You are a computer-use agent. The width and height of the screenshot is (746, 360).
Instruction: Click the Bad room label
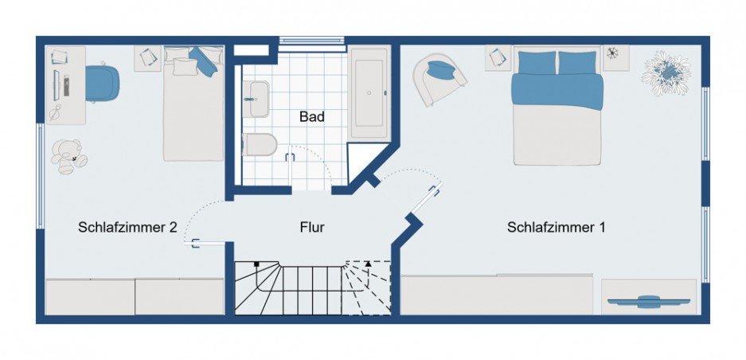pos(312,117)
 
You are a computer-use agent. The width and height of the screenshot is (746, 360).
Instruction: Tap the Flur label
pos(312,227)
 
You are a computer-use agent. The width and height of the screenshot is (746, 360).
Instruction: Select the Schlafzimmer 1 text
pos(556,227)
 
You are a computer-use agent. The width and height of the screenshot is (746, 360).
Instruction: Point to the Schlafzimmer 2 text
pos(127,227)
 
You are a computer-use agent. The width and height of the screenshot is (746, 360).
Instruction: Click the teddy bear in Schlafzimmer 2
pos(68,156)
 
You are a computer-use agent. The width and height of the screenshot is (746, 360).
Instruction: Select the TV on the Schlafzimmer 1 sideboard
pos(648,300)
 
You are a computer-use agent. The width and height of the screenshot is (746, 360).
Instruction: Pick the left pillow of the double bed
pos(536,61)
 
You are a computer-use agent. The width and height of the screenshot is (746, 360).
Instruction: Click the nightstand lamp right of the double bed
pos(613,54)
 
